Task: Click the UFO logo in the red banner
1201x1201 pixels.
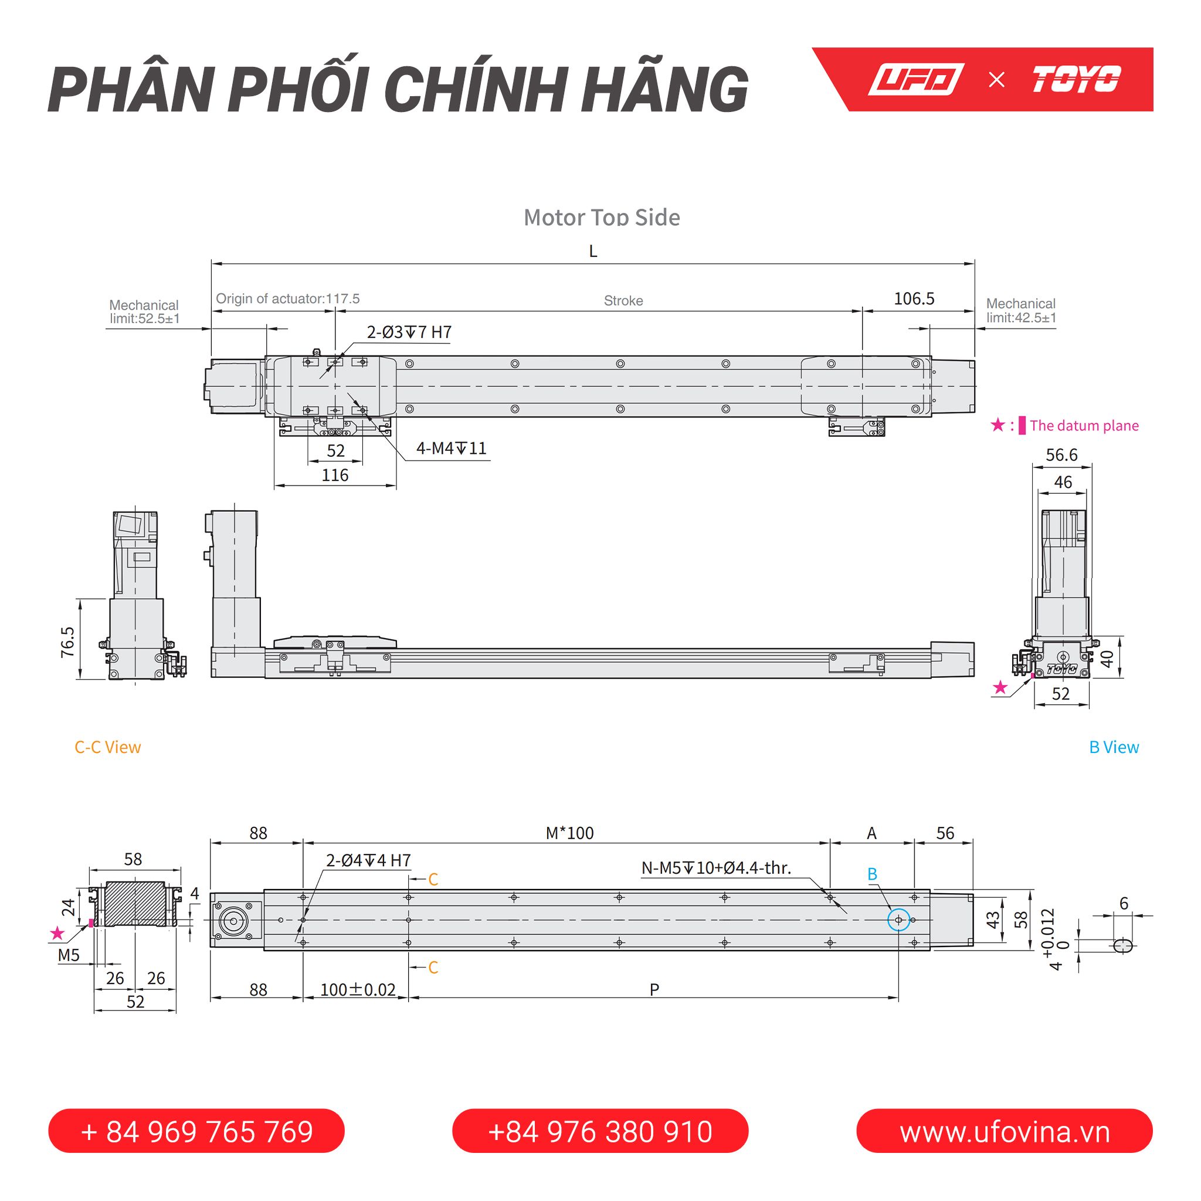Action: click(915, 80)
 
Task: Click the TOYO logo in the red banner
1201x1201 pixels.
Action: click(1076, 80)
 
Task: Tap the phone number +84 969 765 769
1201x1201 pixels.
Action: click(196, 1131)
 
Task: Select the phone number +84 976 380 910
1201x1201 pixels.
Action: click(600, 1131)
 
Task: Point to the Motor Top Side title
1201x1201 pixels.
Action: click(602, 218)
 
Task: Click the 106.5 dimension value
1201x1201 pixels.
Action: click(914, 299)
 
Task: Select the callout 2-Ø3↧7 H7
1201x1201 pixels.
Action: click(409, 332)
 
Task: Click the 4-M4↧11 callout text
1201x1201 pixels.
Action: click(452, 448)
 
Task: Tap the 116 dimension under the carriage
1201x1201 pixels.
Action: click(335, 476)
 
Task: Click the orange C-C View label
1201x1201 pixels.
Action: click(107, 747)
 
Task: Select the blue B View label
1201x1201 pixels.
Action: click(1114, 747)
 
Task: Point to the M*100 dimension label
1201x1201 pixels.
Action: click(569, 833)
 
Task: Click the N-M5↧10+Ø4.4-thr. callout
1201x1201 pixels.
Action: click(716, 868)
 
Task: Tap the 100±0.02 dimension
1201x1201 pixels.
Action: click(358, 990)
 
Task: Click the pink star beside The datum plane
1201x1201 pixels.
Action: click(998, 425)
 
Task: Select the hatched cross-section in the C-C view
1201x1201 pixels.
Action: click(135, 903)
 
